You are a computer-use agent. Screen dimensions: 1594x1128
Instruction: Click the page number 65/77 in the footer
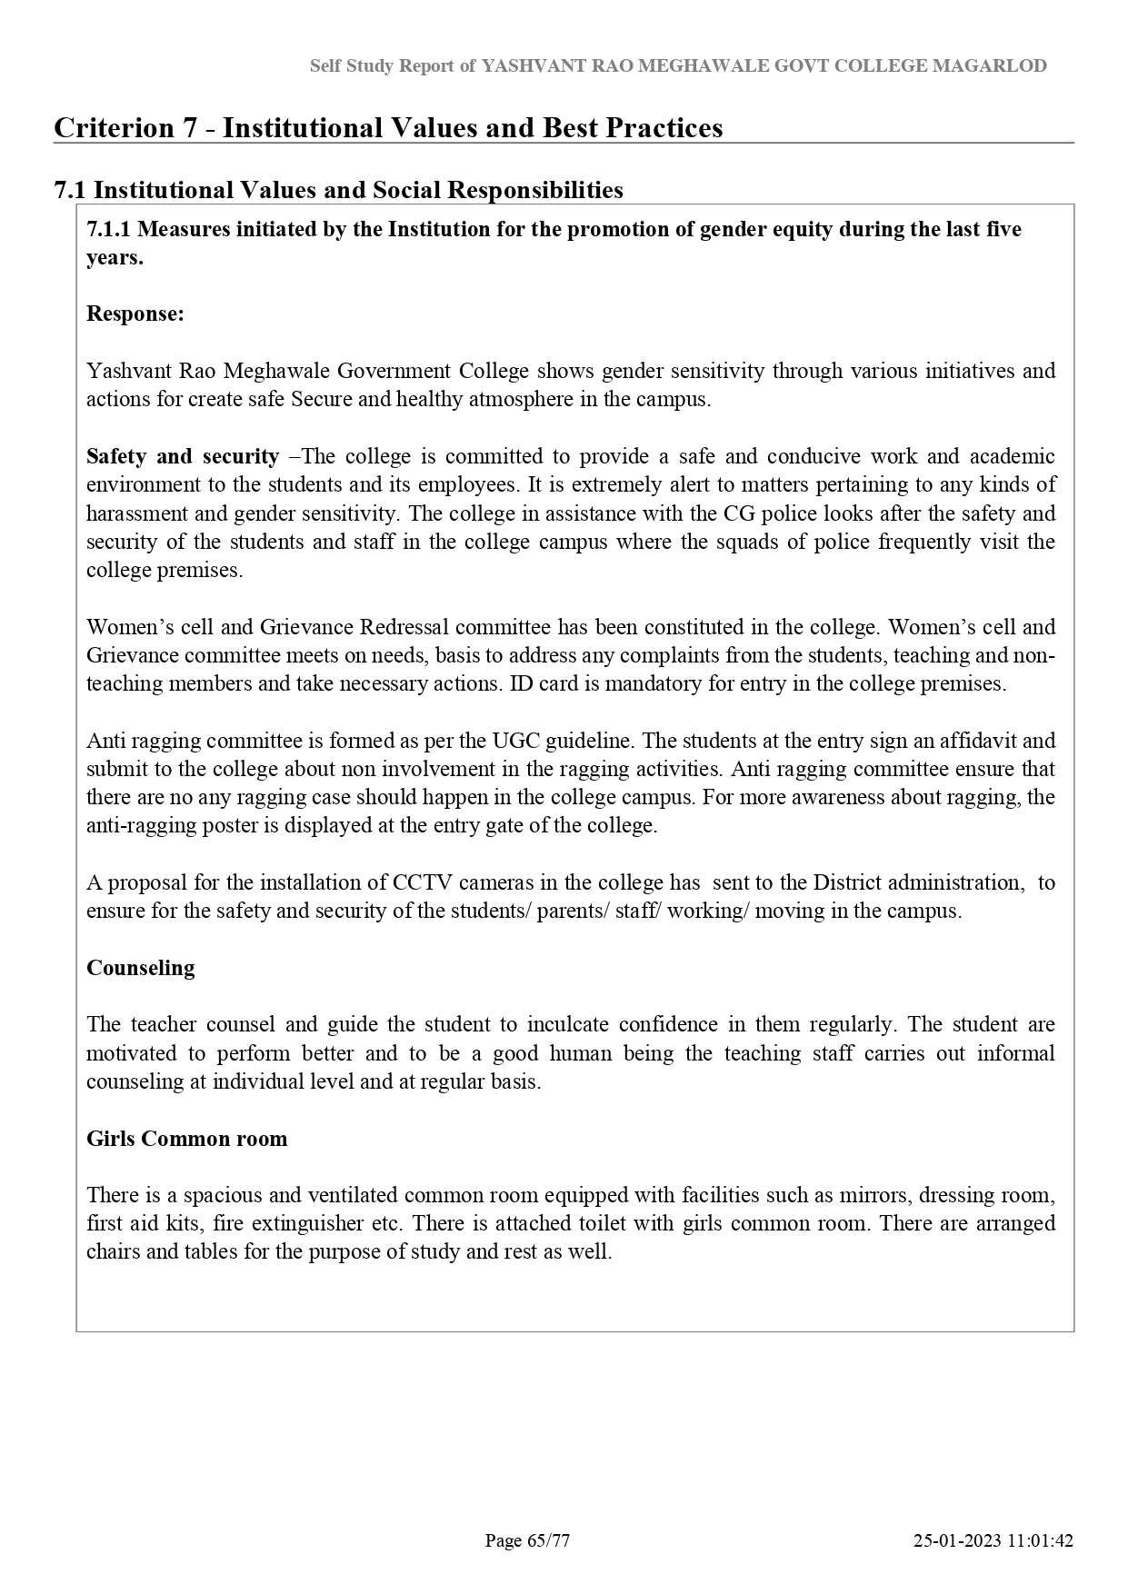(x=527, y=1540)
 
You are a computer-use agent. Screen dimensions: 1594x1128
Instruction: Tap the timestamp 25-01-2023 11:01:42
(x=993, y=1540)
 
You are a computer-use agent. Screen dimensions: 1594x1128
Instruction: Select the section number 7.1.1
(x=108, y=229)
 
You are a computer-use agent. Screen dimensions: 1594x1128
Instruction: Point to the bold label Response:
(x=135, y=314)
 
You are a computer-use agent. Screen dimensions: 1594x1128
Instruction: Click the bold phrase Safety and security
(x=182, y=456)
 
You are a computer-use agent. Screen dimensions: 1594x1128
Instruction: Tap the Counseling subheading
(x=141, y=968)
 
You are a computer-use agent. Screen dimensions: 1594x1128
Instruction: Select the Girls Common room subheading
(x=186, y=1139)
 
